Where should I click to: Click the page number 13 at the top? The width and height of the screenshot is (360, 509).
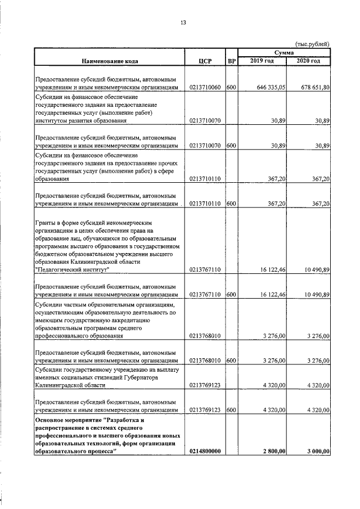pyautogui.click(x=182, y=23)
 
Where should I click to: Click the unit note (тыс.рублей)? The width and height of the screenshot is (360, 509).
pyautogui.click(x=313, y=44)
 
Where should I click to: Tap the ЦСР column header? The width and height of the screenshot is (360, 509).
pyautogui.click(x=205, y=61)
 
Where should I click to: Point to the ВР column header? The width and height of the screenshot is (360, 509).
pyautogui.click(x=231, y=61)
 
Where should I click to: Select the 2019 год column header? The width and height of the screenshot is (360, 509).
pyautogui.click(x=262, y=61)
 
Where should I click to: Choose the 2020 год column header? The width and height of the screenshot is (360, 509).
pyautogui.click(x=309, y=61)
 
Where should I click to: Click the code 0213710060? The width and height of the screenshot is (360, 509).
pyautogui.click(x=205, y=88)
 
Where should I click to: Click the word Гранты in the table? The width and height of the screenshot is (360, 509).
pyautogui.click(x=47, y=222)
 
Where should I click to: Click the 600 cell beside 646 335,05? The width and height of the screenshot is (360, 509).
pyautogui.click(x=231, y=88)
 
